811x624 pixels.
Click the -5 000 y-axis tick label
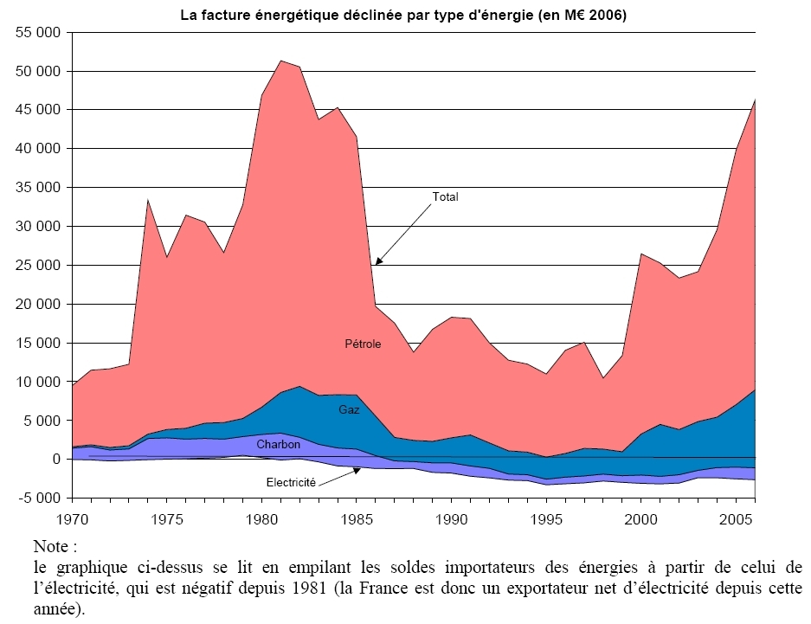(39, 499)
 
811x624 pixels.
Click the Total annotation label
(445, 197)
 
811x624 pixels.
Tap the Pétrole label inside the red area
(363, 344)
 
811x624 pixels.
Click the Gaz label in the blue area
(349, 409)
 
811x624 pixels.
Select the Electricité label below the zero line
(289, 481)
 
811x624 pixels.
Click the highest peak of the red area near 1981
(281, 61)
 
